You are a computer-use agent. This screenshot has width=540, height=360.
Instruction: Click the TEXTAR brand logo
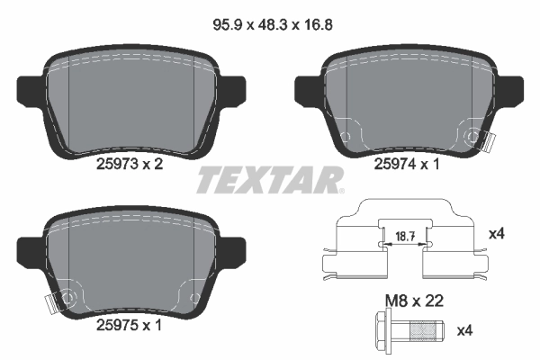click(x=269, y=179)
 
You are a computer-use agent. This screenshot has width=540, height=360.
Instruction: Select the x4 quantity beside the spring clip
click(x=494, y=234)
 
